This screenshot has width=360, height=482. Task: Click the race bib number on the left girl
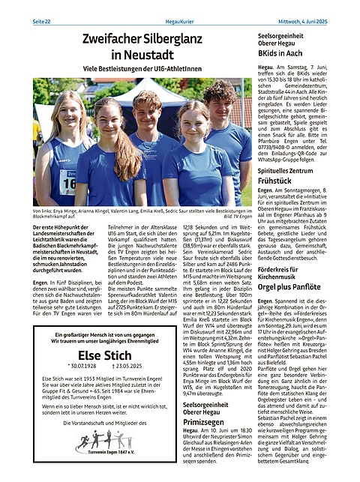tap(68, 180)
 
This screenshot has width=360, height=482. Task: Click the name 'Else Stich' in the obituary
tap(110, 356)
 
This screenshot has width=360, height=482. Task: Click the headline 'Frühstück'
tap(274, 160)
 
